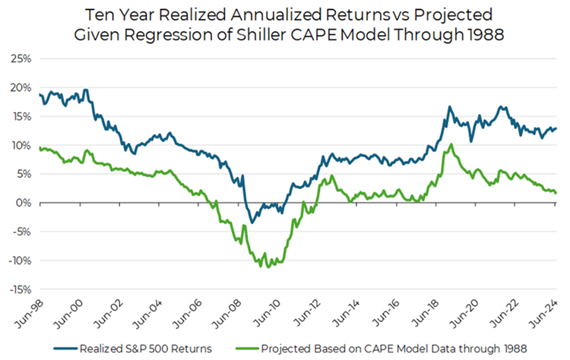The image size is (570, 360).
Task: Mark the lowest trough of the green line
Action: (x=268, y=267)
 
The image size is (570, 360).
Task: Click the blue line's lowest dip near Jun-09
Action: (x=252, y=222)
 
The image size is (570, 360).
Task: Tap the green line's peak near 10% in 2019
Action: (x=451, y=144)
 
